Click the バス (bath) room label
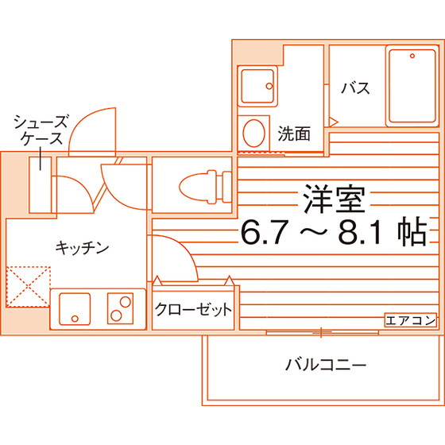(356, 88)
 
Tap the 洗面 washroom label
(294, 133)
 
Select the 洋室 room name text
(334, 199)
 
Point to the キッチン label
(82, 248)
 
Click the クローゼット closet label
(193, 309)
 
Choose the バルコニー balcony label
(326, 365)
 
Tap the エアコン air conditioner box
(410, 320)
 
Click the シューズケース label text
(41, 130)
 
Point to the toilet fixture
(205, 187)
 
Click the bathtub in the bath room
(412, 86)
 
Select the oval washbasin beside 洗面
(254, 133)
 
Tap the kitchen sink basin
(75, 309)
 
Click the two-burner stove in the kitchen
(120, 308)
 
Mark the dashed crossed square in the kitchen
(28, 287)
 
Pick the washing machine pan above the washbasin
(257, 86)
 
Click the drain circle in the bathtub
(412, 56)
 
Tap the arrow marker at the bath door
(334, 122)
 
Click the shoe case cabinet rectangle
(40, 184)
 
